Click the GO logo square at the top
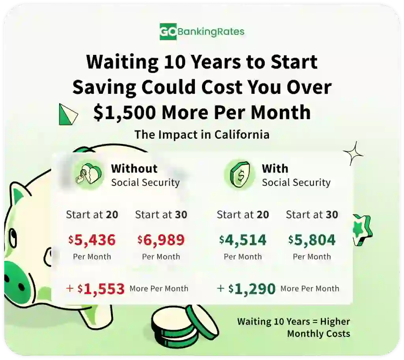coord(168,32)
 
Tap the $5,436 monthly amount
coord(92,240)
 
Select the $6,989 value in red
coord(161,240)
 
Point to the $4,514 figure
coord(243,240)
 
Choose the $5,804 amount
coord(312,240)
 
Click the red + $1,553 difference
coord(95,289)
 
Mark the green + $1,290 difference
coord(246,289)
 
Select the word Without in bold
coord(134,168)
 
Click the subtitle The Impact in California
coord(202,134)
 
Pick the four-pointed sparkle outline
coord(353,154)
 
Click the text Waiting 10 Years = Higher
coord(294,321)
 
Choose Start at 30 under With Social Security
coord(312,215)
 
